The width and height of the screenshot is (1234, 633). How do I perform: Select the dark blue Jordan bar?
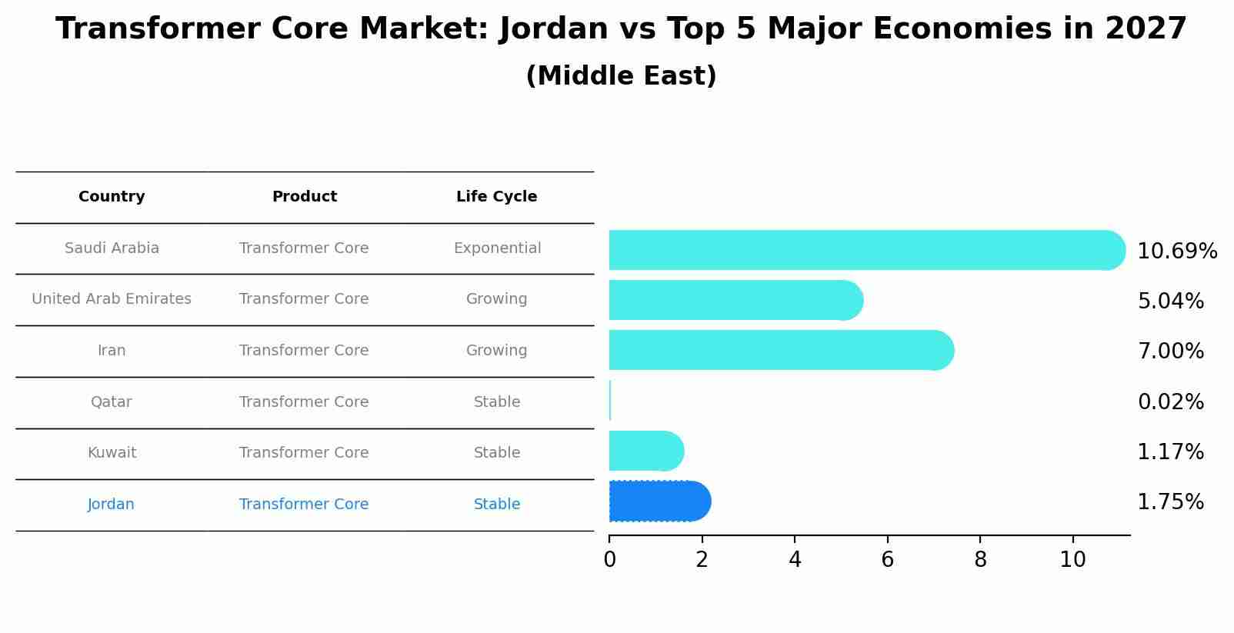(x=659, y=501)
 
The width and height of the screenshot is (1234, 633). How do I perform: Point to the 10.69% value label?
(x=1176, y=252)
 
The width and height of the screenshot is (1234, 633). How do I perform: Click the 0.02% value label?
(x=1170, y=401)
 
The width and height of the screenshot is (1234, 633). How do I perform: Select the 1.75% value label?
(x=1170, y=502)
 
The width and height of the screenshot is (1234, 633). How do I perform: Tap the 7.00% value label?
(x=1170, y=351)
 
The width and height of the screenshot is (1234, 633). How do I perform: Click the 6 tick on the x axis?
(x=887, y=560)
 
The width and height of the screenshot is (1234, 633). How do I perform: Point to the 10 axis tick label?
(x=1072, y=560)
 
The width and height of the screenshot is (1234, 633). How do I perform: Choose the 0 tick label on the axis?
(x=609, y=560)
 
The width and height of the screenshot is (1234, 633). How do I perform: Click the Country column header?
(x=112, y=197)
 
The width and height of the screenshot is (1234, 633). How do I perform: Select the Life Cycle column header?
(x=496, y=197)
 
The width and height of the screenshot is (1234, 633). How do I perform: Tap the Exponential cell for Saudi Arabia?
(x=497, y=248)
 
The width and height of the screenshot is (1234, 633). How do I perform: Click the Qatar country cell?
(x=111, y=401)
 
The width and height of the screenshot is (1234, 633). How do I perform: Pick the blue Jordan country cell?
(x=111, y=505)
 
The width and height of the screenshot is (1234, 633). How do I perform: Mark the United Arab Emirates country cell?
(x=112, y=299)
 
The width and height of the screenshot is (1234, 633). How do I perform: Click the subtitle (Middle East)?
(x=621, y=76)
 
